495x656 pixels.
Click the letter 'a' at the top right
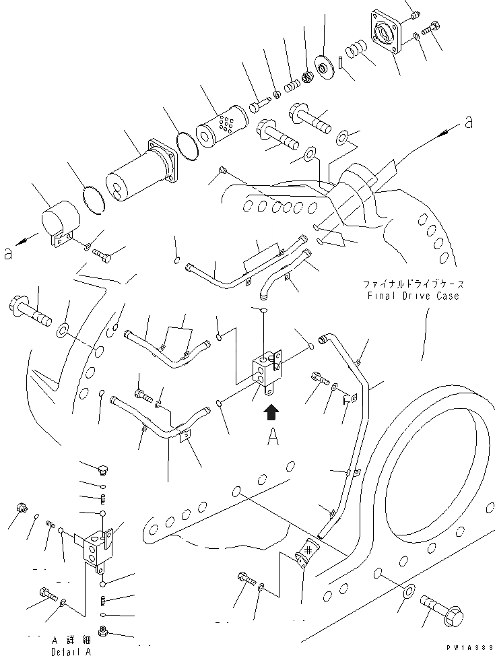(x=467, y=122)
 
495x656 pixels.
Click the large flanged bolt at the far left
(x=29, y=312)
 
